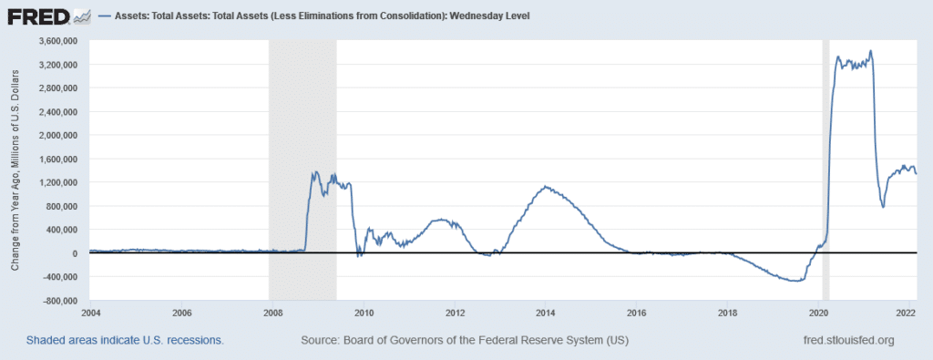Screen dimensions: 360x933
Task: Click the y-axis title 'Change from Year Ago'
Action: [x=15, y=170]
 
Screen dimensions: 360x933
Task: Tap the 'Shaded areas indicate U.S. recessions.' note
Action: [x=126, y=340]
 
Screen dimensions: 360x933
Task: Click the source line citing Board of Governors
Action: [x=464, y=340]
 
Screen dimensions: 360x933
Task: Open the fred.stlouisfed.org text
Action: [x=845, y=340]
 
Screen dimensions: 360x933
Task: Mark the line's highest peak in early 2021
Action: [x=871, y=51]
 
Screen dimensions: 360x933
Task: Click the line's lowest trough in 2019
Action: [x=796, y=281]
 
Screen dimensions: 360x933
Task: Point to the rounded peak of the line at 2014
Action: [x=545, y=187]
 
